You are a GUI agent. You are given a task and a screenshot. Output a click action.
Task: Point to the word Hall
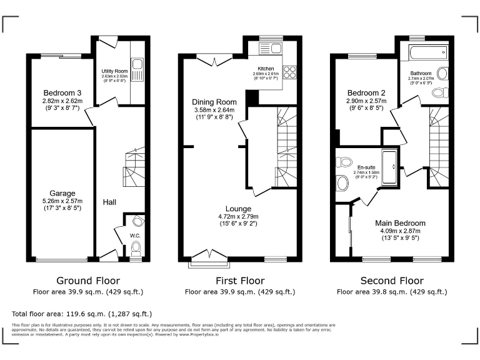[x=109, y=202]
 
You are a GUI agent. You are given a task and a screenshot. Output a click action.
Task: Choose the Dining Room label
[x=214, y=102]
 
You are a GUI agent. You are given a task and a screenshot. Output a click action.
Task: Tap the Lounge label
[x=239, y=209]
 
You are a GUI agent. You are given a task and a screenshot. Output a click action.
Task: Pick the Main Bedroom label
[x=400, y=223]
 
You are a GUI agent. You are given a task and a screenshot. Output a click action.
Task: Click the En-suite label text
[x=366, y=167]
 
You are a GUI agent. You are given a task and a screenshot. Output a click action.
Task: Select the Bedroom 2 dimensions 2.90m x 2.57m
[x=366, y=101]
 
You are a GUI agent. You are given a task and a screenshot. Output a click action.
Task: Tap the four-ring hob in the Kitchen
[x=289, y=71]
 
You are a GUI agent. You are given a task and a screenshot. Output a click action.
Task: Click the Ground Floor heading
[x=88, y=281]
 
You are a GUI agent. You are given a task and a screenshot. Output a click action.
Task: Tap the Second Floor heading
[x=392, y=281]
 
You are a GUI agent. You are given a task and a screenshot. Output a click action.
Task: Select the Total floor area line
[x=82, y=313]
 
